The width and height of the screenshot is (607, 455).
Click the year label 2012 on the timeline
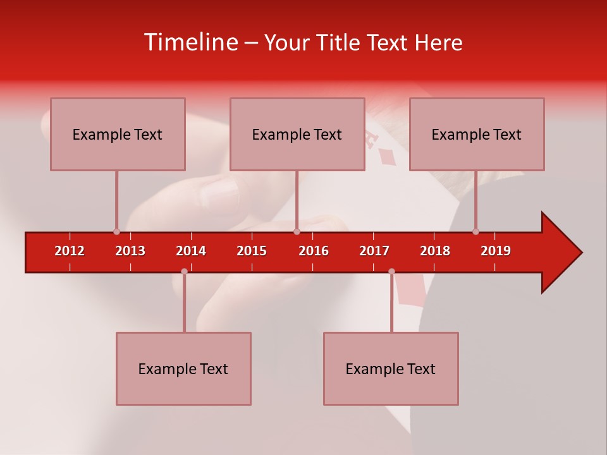pos(70,251)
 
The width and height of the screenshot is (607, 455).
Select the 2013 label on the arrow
pos(130,251)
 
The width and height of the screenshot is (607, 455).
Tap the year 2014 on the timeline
pos(191,251)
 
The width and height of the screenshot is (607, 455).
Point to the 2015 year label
pos(252,251)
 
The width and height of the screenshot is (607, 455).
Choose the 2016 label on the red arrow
pos(314,251)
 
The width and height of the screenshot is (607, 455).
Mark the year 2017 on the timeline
pos(374,251)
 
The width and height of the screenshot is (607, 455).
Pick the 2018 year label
pos(435,251)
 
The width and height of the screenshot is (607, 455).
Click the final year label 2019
pos(496,251)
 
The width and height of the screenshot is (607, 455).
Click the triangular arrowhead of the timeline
pos(560,253)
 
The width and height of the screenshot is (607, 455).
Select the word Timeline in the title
pos(190,42)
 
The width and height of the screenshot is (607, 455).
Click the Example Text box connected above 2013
pos(118,134)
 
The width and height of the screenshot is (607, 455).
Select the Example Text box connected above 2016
pos(297,134)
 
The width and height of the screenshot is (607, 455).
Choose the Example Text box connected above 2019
pos(477,134)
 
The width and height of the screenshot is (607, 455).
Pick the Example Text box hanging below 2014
pos(183,368)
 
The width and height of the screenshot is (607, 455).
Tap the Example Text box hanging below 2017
pos(391,368)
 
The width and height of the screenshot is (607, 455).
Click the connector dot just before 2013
pos(116,231)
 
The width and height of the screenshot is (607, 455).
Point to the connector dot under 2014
pos(184,271)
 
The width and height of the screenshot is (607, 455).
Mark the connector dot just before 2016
pos(297,231)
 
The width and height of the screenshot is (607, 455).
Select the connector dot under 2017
pos(391,271)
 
